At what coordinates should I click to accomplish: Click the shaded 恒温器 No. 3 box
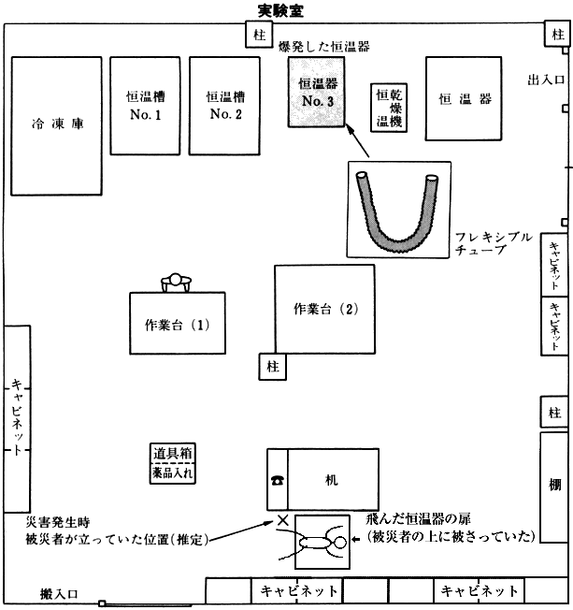pos(317,93)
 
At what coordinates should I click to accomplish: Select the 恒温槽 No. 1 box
pos(145,106)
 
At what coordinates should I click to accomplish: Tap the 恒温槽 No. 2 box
pos(224,106)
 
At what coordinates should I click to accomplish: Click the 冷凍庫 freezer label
pos(58,123)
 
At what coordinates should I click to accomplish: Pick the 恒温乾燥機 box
pos(389,108)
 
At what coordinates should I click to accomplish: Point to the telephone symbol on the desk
pos(278,481)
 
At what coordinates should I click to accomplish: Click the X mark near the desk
pos(282,520)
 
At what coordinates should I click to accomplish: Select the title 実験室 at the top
pos(280,10)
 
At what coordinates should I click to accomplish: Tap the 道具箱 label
pos(172,453)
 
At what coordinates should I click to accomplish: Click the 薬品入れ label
pos(172,472)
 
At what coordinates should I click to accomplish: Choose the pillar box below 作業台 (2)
pos(273,367)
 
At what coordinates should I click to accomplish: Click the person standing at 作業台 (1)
pos(176,283)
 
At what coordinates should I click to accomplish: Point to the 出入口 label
pos(545,80)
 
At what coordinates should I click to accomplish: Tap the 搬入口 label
pos(59,594)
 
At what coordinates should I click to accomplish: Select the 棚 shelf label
pos(554,485)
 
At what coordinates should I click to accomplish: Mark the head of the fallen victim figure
pos(339,543)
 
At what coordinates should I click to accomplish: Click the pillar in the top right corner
pos(557,35)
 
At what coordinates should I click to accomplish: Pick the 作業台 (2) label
pos(326,309)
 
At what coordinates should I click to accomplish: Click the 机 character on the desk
pos(331,480)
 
